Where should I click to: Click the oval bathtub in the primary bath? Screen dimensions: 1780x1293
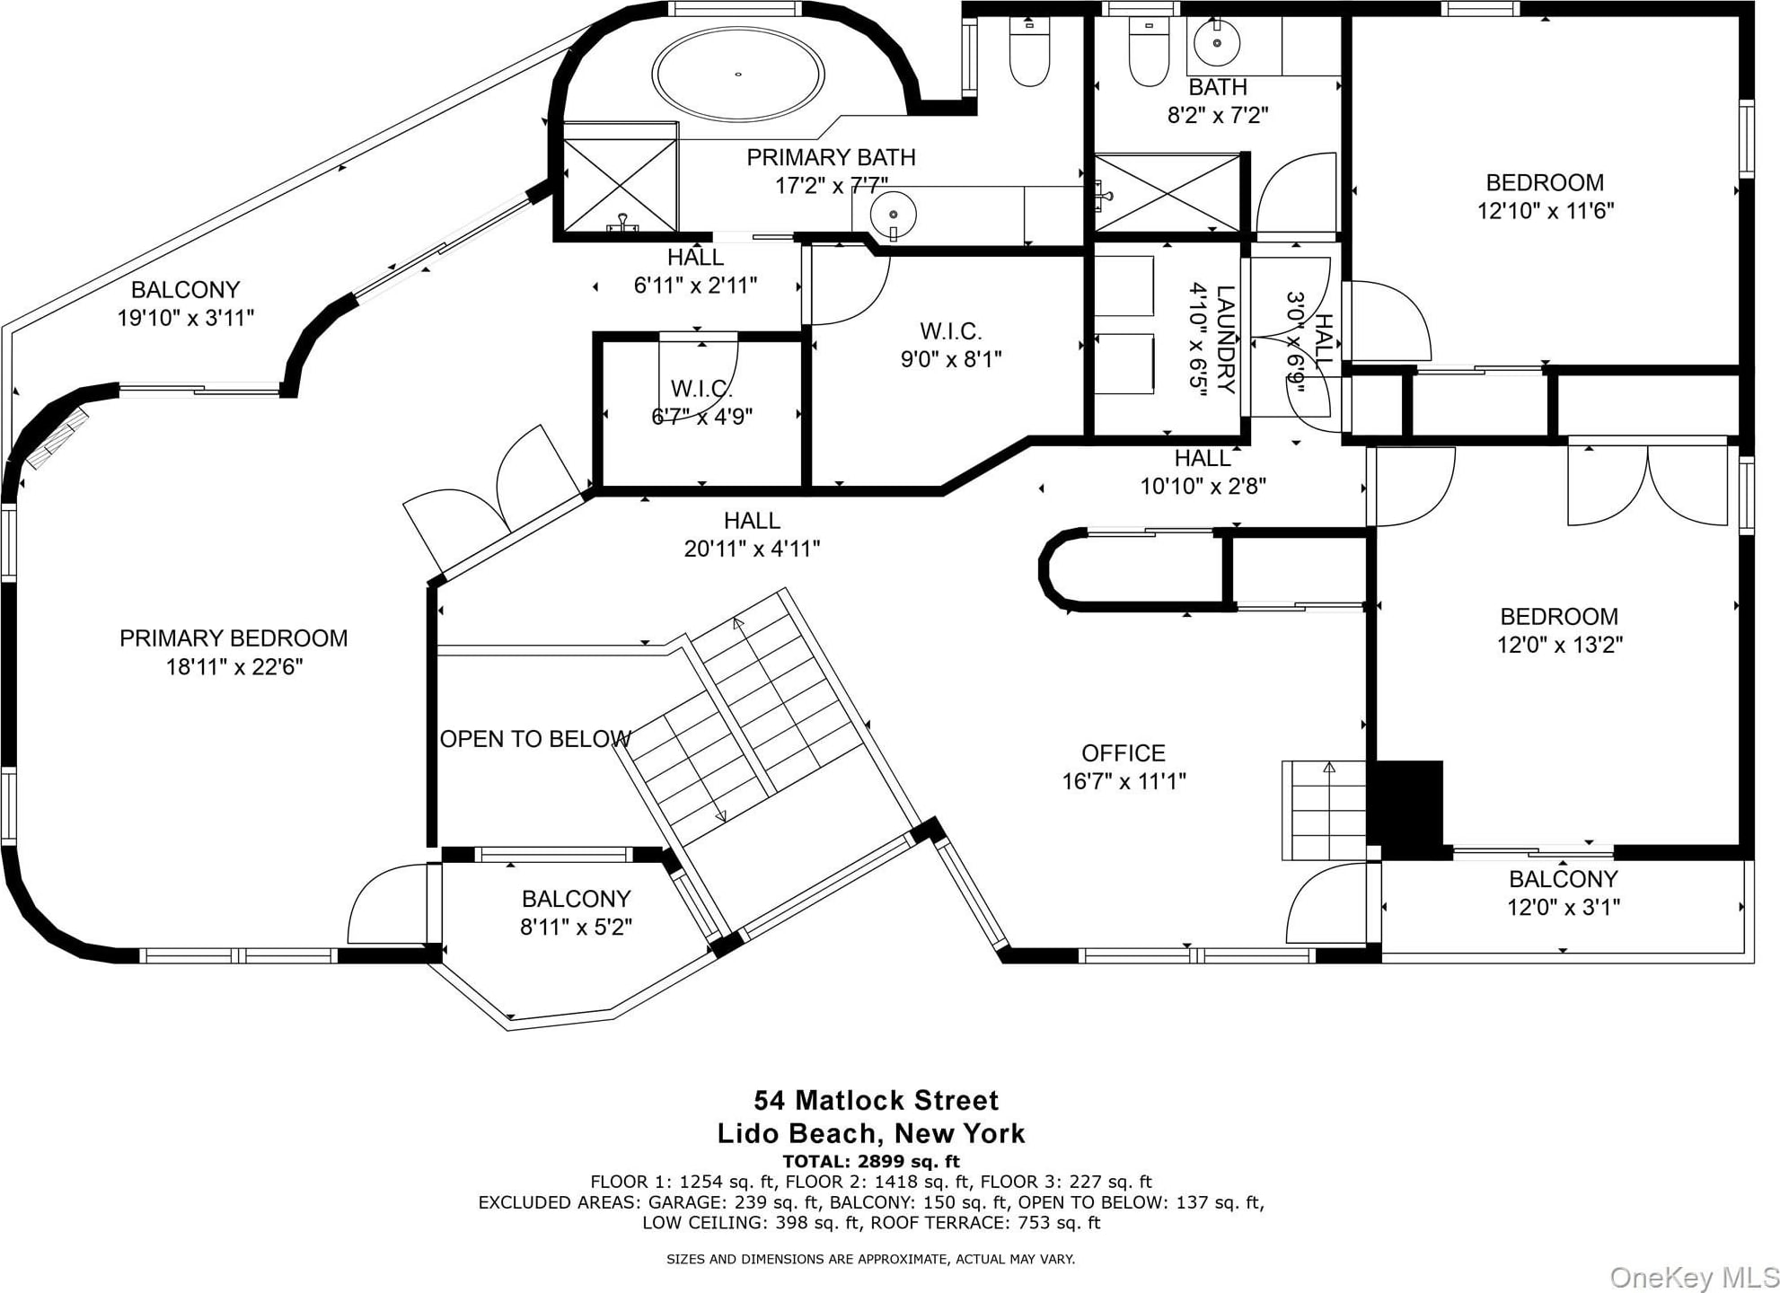tap(738, 74)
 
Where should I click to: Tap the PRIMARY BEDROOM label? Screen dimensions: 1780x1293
tap(234, 638)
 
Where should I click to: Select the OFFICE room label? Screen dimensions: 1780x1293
tap(1124, 753)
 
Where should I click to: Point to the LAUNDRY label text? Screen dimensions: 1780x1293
tap(1226, 339)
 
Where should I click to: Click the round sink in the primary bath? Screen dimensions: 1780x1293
tap(894, 215)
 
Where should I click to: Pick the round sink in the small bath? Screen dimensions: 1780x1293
tap(1218, 42)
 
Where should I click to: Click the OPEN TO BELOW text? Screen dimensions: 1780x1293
tap(535, 739)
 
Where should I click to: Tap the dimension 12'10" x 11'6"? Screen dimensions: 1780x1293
tap(1546, 211)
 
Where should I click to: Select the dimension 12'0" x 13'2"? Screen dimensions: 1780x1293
tap(1559, 645)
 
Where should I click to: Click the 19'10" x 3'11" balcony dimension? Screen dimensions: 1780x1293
tap(186, 318)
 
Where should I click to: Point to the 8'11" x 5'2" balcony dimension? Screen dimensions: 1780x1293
tap(576, 927)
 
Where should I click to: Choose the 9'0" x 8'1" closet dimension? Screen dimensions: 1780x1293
tap(951, 359)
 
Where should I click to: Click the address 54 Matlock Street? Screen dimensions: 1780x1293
tap(876, 1101)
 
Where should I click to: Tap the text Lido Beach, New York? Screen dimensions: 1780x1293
tap(871, 1133)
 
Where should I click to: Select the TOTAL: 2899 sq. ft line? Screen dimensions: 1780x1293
tap(871, 1161)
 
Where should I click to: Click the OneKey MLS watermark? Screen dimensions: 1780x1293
tap(1693, 1277)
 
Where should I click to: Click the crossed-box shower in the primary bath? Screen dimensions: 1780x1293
tap(620, 177)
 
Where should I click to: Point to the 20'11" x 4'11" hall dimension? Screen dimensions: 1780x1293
tap(753, 549)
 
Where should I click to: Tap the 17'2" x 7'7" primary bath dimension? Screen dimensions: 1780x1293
tap(832, 186)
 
